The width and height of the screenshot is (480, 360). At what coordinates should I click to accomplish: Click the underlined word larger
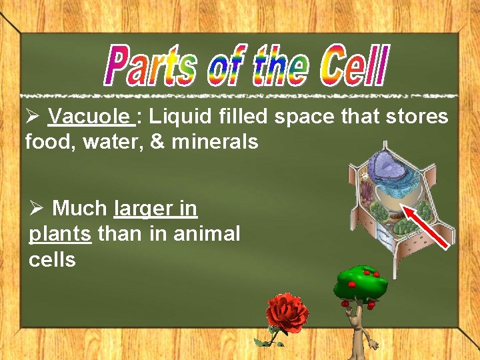138,209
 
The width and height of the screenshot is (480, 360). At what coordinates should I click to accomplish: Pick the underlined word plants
60,234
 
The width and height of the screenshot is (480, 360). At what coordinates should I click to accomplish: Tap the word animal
205,234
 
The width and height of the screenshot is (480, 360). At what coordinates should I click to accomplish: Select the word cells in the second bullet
52,259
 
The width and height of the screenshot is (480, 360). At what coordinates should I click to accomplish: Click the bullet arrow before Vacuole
33,117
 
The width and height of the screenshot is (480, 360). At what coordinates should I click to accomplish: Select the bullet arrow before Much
37,209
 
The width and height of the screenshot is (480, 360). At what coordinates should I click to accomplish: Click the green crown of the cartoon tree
360,283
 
